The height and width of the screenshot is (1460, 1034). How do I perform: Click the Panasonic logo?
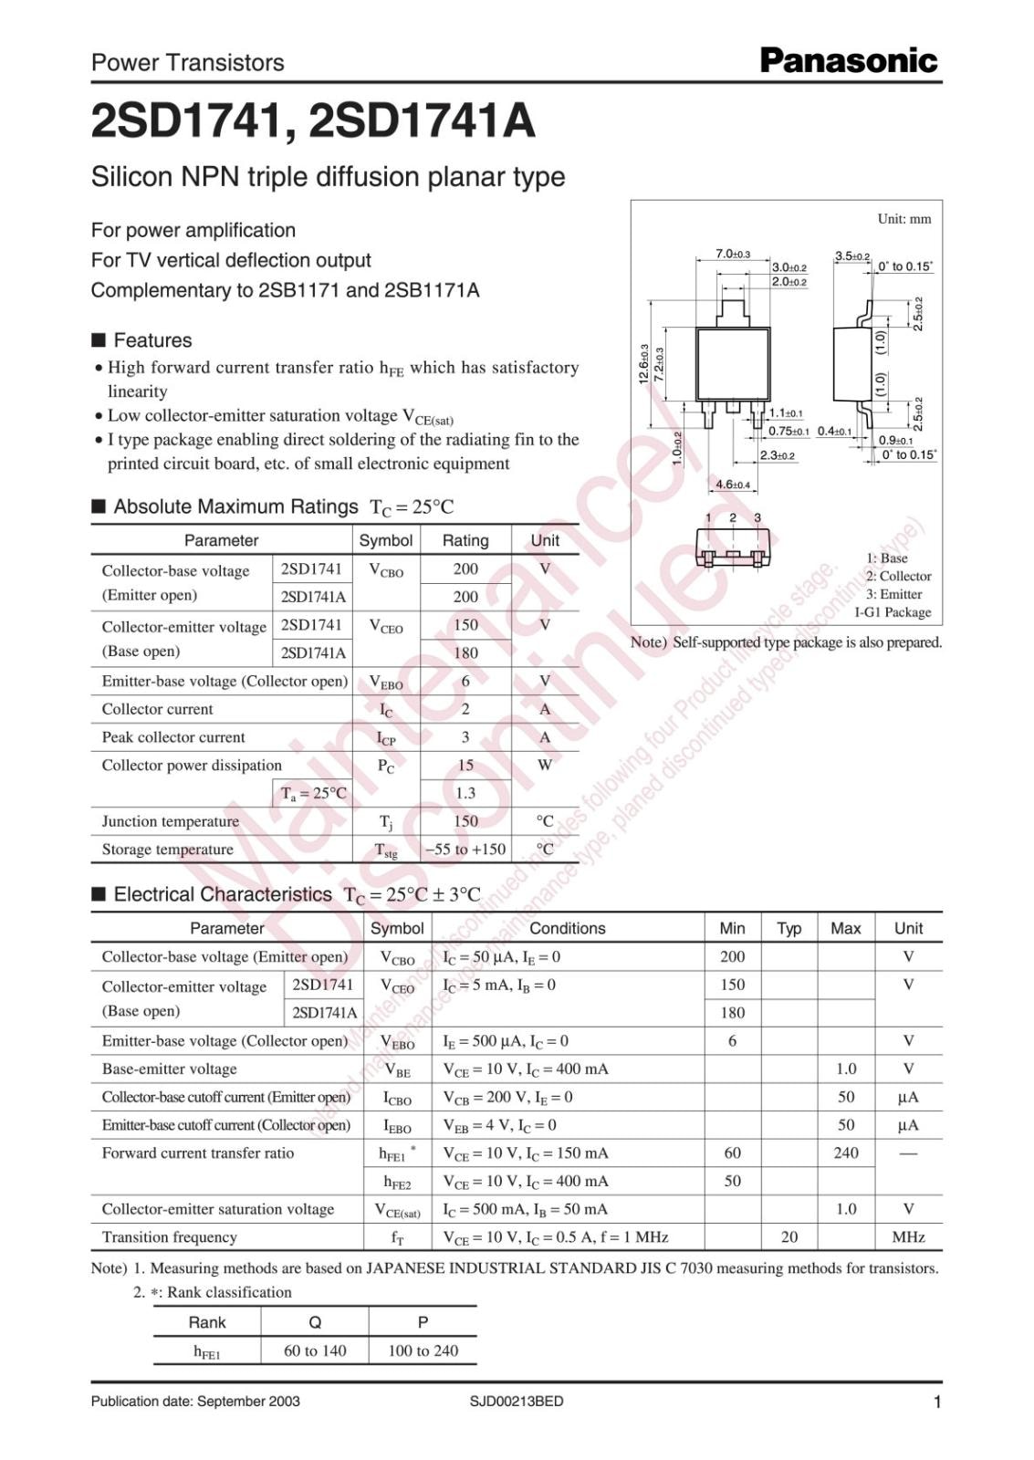click(x=849, y=61)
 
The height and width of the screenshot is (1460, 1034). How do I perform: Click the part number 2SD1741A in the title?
click(x=422, y=120)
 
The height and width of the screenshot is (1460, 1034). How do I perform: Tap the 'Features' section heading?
click(x=152, y=340)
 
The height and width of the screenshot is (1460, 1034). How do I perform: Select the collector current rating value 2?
click(x=465, y=709)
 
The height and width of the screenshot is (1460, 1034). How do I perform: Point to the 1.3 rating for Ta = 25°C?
click(x=465, y=793)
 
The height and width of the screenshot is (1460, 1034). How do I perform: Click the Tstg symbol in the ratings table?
click(x=386, y=850)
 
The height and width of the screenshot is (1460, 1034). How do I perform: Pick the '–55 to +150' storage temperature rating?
click(x=465, y=849)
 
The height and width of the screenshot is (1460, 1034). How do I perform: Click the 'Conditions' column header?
click(x=567, y=928)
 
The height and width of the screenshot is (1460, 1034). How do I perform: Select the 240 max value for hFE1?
click(x=845, y=1152)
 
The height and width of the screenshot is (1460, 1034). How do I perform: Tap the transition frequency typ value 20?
click(x=789, y=1236)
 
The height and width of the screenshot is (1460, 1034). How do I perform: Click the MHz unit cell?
click(x=908, y=1236)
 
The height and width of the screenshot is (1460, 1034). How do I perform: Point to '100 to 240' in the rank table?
click(x=423, y=1350)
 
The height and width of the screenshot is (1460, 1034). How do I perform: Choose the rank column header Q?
click(x=315, y=1322)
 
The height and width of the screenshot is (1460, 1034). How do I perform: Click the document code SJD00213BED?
click(x=517, y=1401)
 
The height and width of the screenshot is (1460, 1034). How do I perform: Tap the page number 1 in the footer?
click(x=936, y=1403)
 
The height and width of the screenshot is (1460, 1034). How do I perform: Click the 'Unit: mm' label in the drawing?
click(x=903, y=219)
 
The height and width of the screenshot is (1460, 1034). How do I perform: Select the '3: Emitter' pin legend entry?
click(x=893, y=594)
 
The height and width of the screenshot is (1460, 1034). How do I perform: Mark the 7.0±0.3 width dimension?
click(x=732, y=254)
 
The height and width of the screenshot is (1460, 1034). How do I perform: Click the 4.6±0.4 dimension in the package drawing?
click(x=732, y=485)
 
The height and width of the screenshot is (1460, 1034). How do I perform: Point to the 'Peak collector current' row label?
click(x=173, y=737)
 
